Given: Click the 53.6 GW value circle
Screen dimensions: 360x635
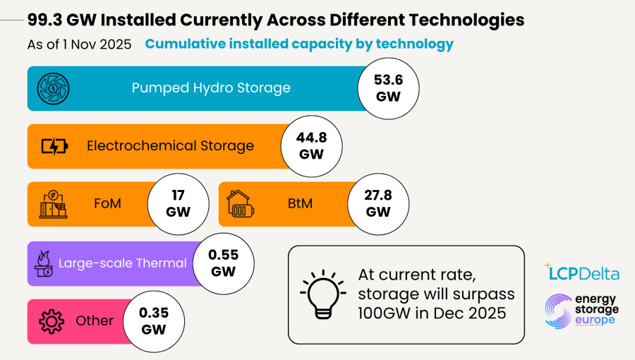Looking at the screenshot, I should coord(388,88).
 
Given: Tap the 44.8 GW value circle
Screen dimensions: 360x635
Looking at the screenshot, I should coord(311,146).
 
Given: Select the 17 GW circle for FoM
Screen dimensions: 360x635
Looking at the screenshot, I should coord(178,204).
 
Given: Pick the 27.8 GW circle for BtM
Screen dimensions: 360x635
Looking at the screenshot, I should coord(378,204).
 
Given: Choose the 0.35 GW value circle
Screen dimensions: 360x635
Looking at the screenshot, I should coord(153,321).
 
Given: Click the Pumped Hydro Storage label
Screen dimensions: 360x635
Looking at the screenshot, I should coord(211,88).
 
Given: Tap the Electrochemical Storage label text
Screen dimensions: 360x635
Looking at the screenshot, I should coord(170,146).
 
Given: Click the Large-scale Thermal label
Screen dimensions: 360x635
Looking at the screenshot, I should coord(123,263).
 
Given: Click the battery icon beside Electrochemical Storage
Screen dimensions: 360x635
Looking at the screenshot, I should coord(54,146).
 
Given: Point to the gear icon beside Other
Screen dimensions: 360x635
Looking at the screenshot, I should coord(52,322).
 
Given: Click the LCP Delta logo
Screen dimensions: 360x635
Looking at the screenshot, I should coord(582,272).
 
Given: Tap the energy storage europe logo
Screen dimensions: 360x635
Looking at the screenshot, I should coord(582,311).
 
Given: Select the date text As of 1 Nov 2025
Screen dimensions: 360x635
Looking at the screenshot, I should coord(79,44).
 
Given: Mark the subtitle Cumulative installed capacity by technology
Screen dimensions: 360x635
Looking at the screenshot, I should coord(299,44).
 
